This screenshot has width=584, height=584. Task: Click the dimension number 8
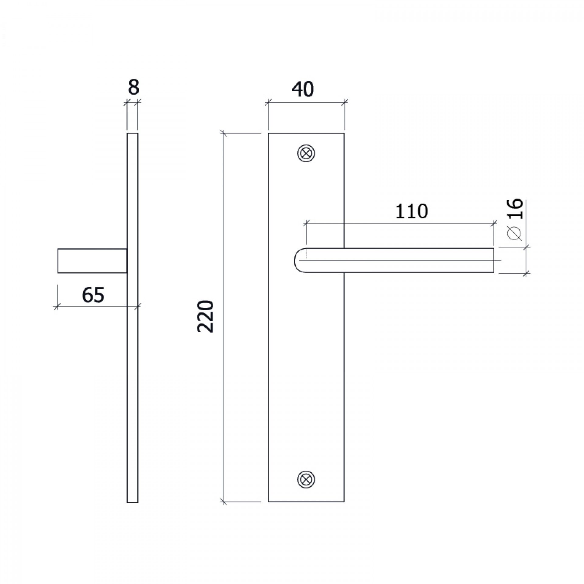133,88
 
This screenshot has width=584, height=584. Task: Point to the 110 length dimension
412,211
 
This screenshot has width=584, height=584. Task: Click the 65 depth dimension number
93,295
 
